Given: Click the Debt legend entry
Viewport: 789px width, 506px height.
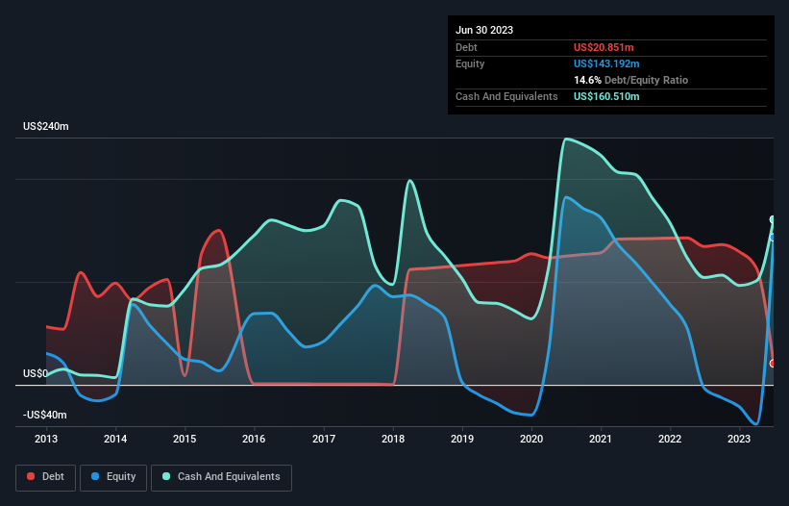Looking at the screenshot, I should click(x=44, y=476).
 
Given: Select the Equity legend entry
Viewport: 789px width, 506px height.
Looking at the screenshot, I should click(x=114, y=476).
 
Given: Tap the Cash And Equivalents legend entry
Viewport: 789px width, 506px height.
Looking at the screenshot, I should click(x=221, y=476).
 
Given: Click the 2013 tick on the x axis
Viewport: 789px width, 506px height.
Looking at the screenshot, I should click(x=46, y=439).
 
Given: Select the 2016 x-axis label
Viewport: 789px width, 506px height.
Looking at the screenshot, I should click(x=255, y=439).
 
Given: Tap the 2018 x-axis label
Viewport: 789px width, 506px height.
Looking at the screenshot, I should click(x=393, y=439).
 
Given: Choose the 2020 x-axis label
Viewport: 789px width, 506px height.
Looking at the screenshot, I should click(x=531, y=439).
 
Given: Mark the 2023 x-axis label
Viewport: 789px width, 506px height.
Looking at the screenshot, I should click(x=739, y=439).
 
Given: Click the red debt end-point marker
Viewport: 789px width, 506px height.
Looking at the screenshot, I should click(x=774, y=363).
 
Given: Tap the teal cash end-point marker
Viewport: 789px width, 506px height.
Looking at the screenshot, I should click(x=774, y=219).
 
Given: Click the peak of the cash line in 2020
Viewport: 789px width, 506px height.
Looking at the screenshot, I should click(x=567, y=139).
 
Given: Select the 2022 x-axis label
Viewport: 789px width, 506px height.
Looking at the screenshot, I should click(x=670, y=439).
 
